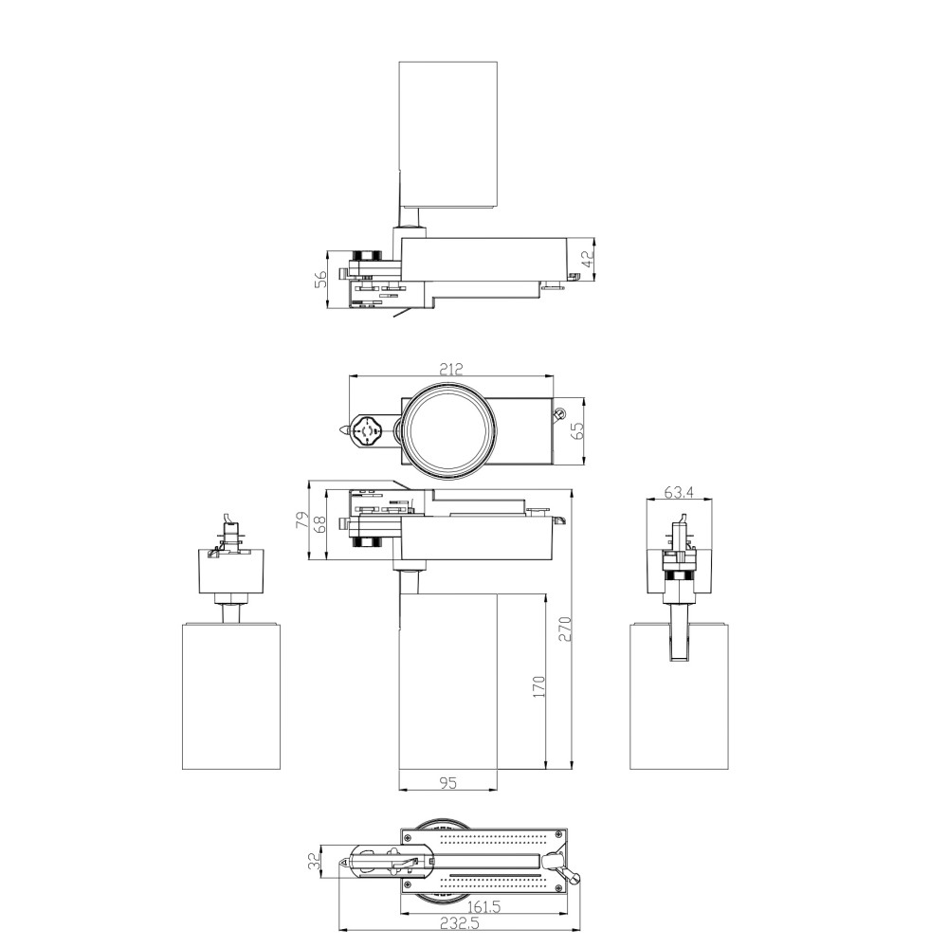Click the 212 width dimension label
(x=451, y=369)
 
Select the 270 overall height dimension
(x=565, y=629)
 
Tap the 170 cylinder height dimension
(x=538, y=686)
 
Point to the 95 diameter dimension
(x=448, y=783)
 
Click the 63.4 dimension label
(x=679, y=492)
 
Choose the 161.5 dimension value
(x=483, y=907)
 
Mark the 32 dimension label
(x=314, y=861)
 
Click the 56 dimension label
(x=321, y=279)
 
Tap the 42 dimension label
(x=588, y=259)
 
